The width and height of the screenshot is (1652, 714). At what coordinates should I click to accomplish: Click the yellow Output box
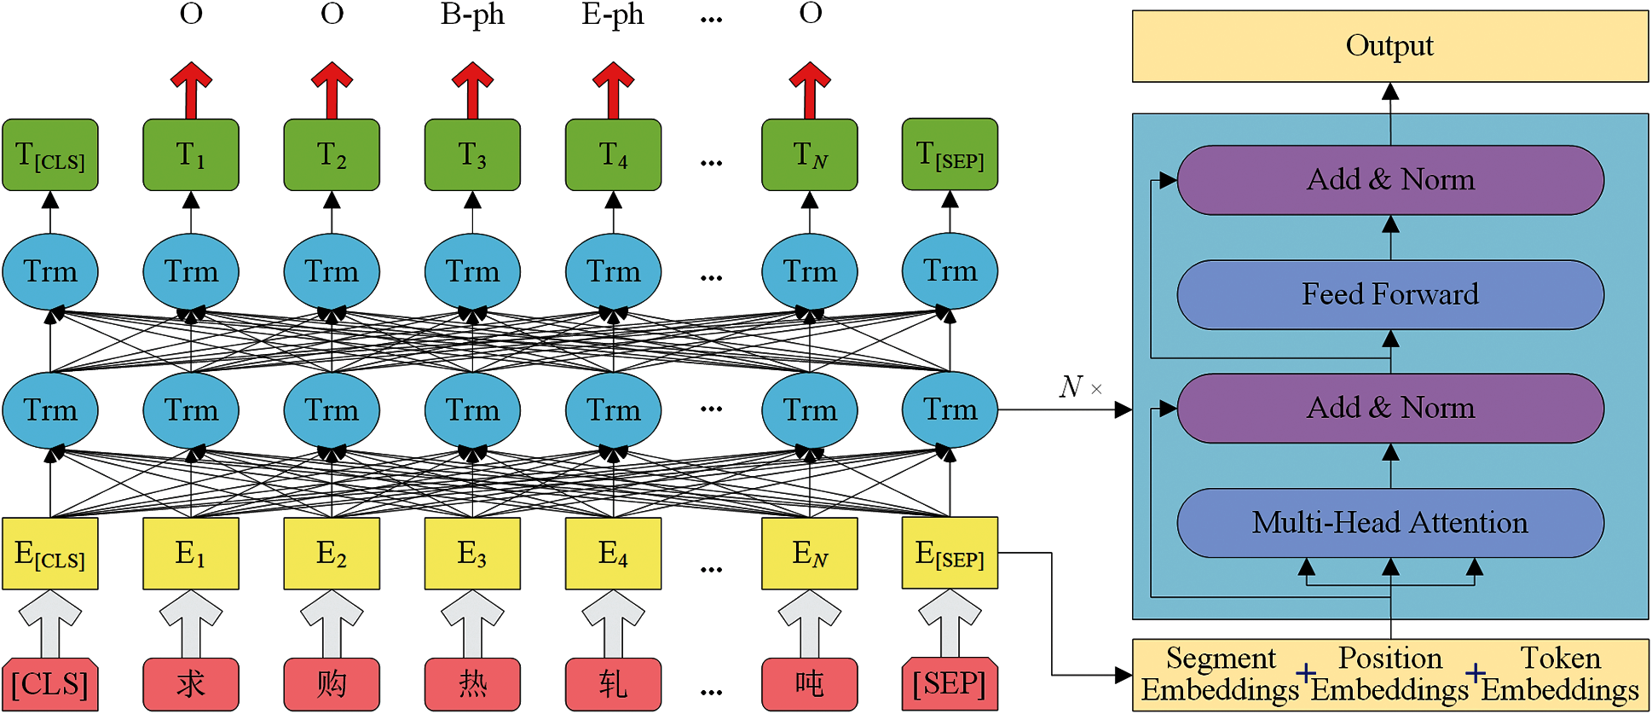coord(1389,46)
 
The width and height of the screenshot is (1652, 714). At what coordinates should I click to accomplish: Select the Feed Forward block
coord(1389,294)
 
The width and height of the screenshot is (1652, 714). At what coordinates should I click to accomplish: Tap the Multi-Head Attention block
coord(1389,522)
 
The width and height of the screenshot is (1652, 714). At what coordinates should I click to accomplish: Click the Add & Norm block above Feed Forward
coord(1389,180)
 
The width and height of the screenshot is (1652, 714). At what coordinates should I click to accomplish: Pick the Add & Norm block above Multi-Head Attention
coord(1389,408)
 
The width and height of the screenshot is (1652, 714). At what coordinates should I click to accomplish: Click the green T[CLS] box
coord(50,155)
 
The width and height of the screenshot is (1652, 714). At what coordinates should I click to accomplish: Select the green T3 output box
coord(472,155)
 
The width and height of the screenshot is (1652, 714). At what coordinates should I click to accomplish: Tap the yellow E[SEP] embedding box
coord(950,554)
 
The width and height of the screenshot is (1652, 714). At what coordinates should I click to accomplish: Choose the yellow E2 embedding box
coord(332,554)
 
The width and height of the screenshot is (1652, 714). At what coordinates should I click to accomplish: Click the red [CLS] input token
coord(50,684)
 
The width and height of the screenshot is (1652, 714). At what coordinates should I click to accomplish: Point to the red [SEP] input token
coord(950,684)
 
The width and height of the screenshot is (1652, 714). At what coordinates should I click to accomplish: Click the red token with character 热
coord(472,684)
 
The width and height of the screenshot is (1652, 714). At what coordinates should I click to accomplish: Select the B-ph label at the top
coord(472,15)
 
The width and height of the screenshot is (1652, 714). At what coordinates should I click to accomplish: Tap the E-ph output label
coord(613,15)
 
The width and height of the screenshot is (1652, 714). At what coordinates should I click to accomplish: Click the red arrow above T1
coord(191,90)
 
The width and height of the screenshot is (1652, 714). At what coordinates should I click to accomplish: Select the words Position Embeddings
coord(1389,674)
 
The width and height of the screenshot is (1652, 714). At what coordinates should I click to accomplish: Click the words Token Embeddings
coord(1560,674)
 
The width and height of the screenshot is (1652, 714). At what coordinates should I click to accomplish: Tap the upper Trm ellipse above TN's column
coord(809,272)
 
